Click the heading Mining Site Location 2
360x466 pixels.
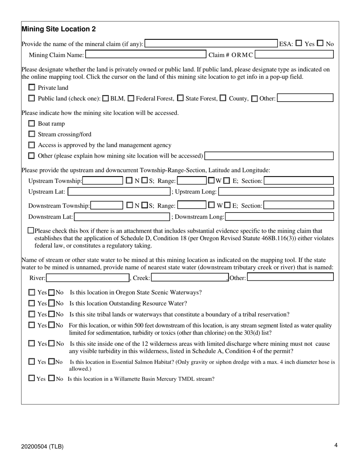point(59,29)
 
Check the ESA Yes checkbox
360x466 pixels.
point(299,44)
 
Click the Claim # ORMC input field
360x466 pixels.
point(294,55)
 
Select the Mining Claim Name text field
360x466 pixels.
point(146,55)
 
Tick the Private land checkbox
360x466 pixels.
point(32,88)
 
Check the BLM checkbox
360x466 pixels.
point(106,99)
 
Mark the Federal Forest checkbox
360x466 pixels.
point(131,99)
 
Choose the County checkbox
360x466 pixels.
point(223,99)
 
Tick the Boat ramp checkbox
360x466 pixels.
point(32,124)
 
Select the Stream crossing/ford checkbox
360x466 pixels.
point(32,134)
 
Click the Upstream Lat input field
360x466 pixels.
point(119,192)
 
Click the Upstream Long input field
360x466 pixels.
point(276,192)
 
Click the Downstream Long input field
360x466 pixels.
point(280,217)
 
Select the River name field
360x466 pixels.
point(88,278)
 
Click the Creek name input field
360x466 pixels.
point(189,278)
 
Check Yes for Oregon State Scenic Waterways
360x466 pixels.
point(32,292)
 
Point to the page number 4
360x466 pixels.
point(336,446)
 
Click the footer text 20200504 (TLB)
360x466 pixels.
point(42,446)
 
